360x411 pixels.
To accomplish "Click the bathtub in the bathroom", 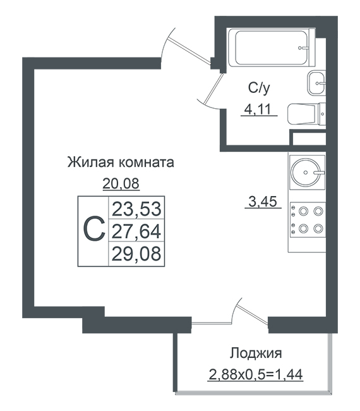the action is pyautogui.click(x=271, y=47).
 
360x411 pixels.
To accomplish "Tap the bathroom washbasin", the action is pyautogui.click(x=316, y=83).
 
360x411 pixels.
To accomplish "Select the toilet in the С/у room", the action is pyautogui.click(x=306, y=114).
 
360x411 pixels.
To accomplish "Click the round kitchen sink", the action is pyautogui.click(x=306, y=172).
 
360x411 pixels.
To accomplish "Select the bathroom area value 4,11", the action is pyautogui.click(x=257, y=109).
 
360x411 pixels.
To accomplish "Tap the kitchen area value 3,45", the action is pyautogui.click(x=263, y=202).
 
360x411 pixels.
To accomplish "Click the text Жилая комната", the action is pyautogui.click(x=121, y=163).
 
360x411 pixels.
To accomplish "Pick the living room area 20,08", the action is pyautogui.click(x=121, y=183).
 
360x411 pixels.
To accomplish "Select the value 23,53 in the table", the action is pyautogui.click(x=136, y=209).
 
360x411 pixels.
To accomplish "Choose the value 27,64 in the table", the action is pyautogui.click(x=136, y=231).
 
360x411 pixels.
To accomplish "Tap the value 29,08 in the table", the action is pyautogui.click(x=136, y=254).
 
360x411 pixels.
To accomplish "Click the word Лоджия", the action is pyautogui.click(x=256, y=353).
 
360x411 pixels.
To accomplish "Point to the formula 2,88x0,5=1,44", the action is pyautogui.click(x=256, y=374).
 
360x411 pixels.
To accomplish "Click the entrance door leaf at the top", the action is pyautogui.click(x=189, y=50).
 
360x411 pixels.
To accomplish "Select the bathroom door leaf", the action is pyautogui.click(x=214, y=89).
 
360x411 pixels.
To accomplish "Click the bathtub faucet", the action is pyautogui.click(x=303, y=48).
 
